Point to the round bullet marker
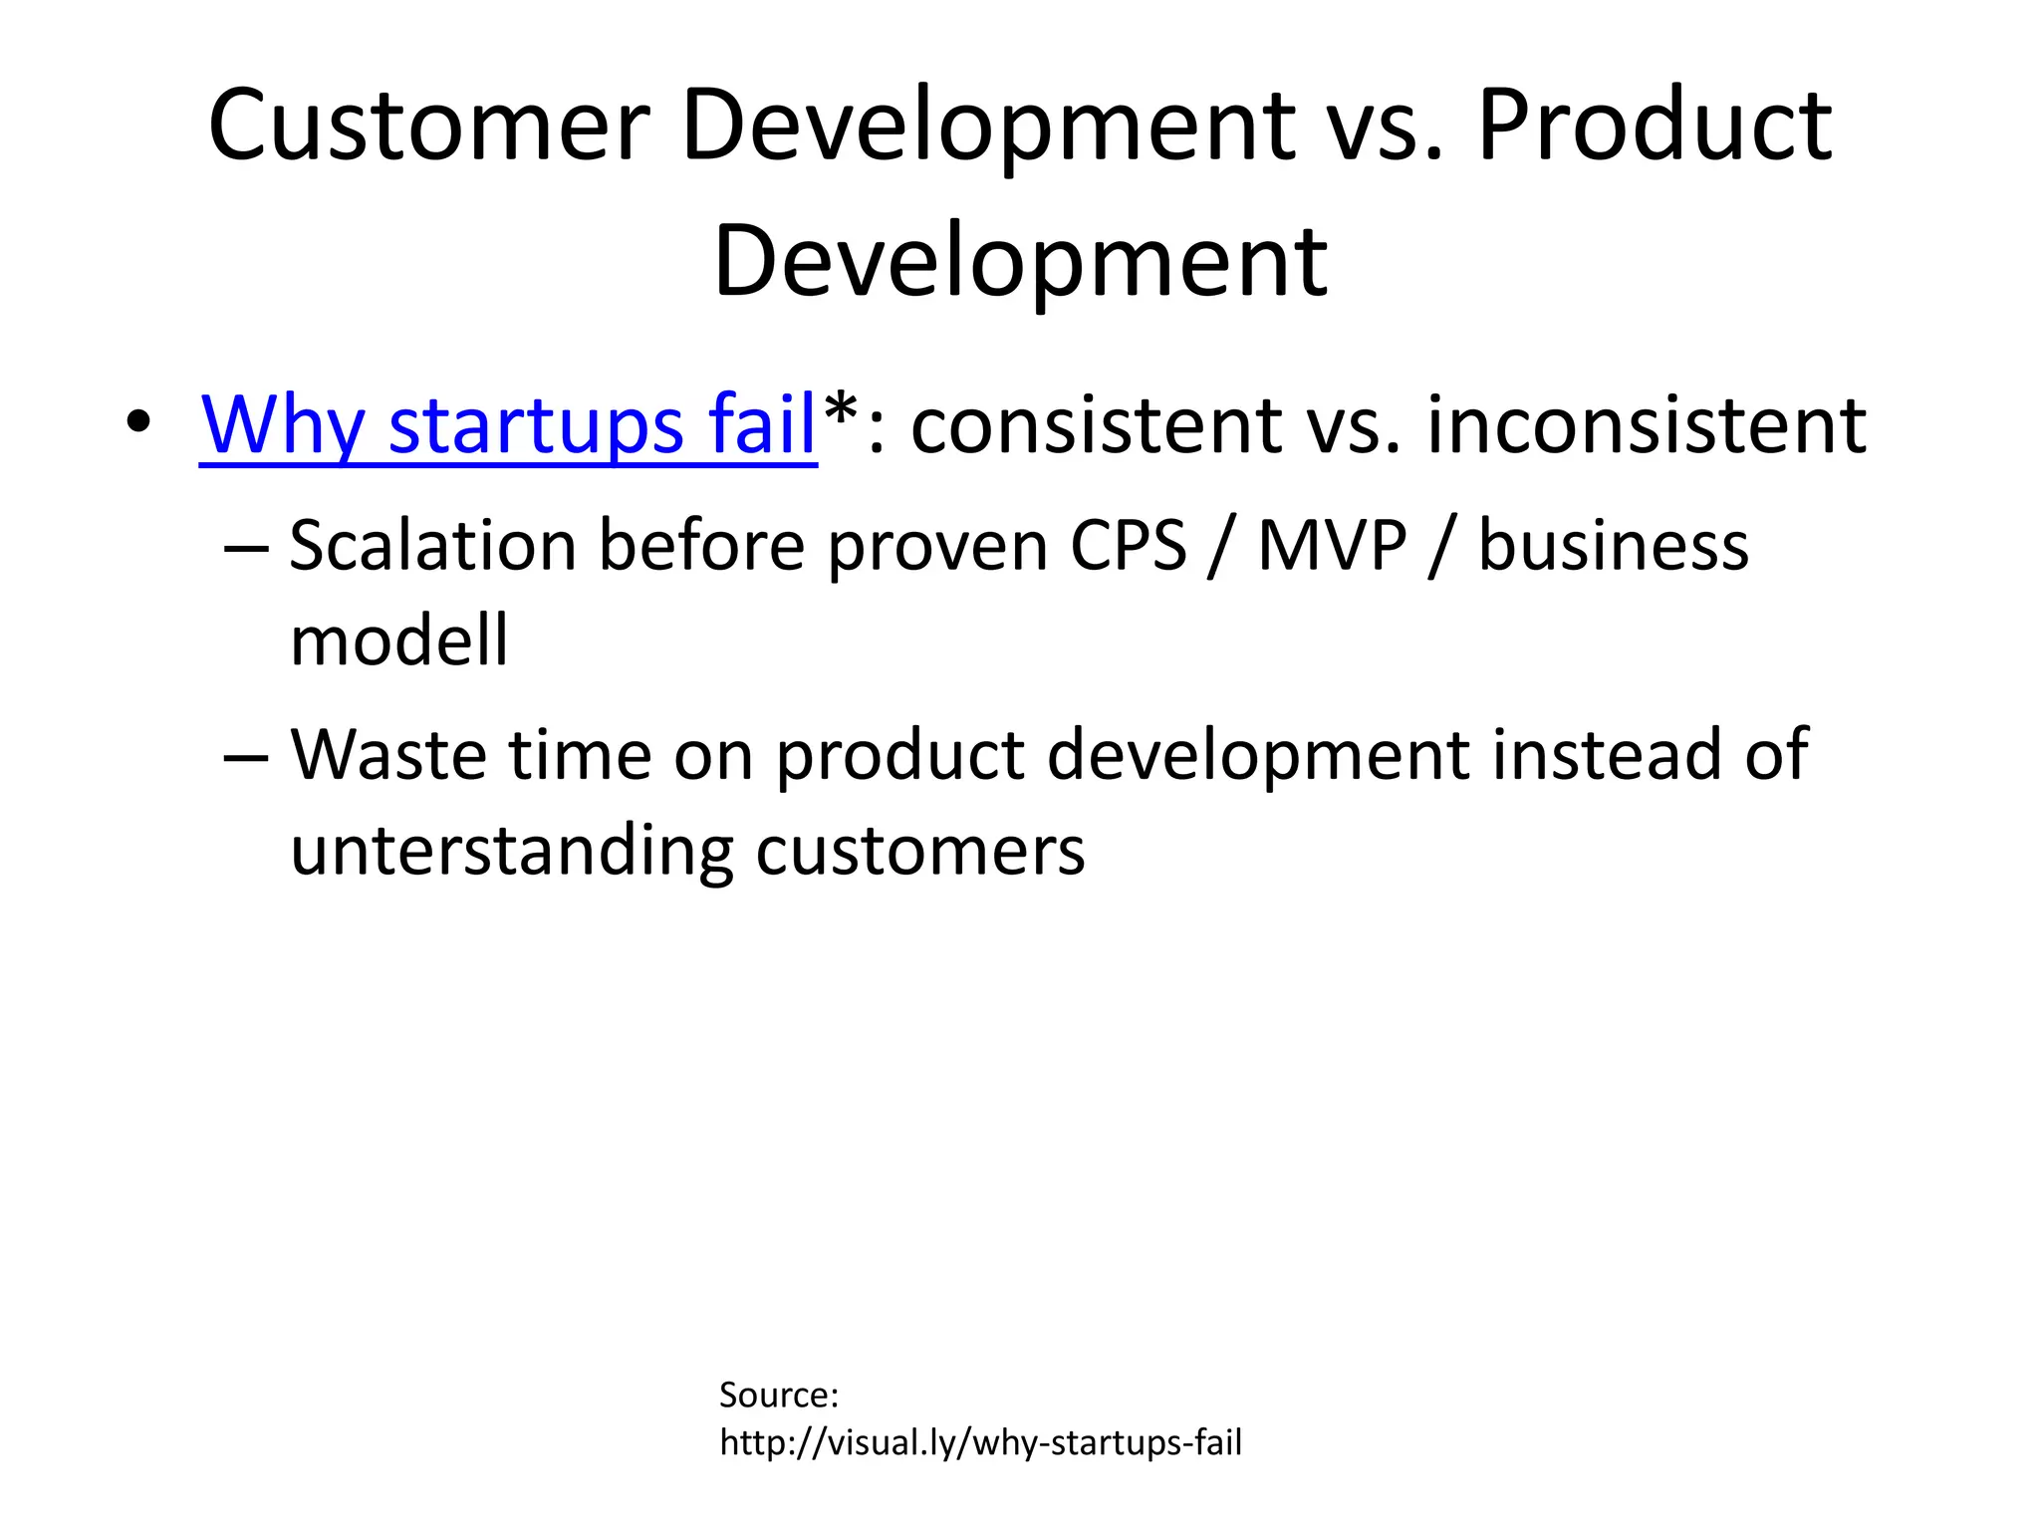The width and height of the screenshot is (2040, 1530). (x=138, y=422)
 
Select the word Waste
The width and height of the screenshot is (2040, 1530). (x=388, y=754)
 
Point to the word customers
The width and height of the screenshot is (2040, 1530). (x=919, y=852)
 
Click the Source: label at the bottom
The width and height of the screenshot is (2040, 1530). (x=779, y=1395)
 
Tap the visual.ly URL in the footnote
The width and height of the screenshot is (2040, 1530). (x=980, y=1442)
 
